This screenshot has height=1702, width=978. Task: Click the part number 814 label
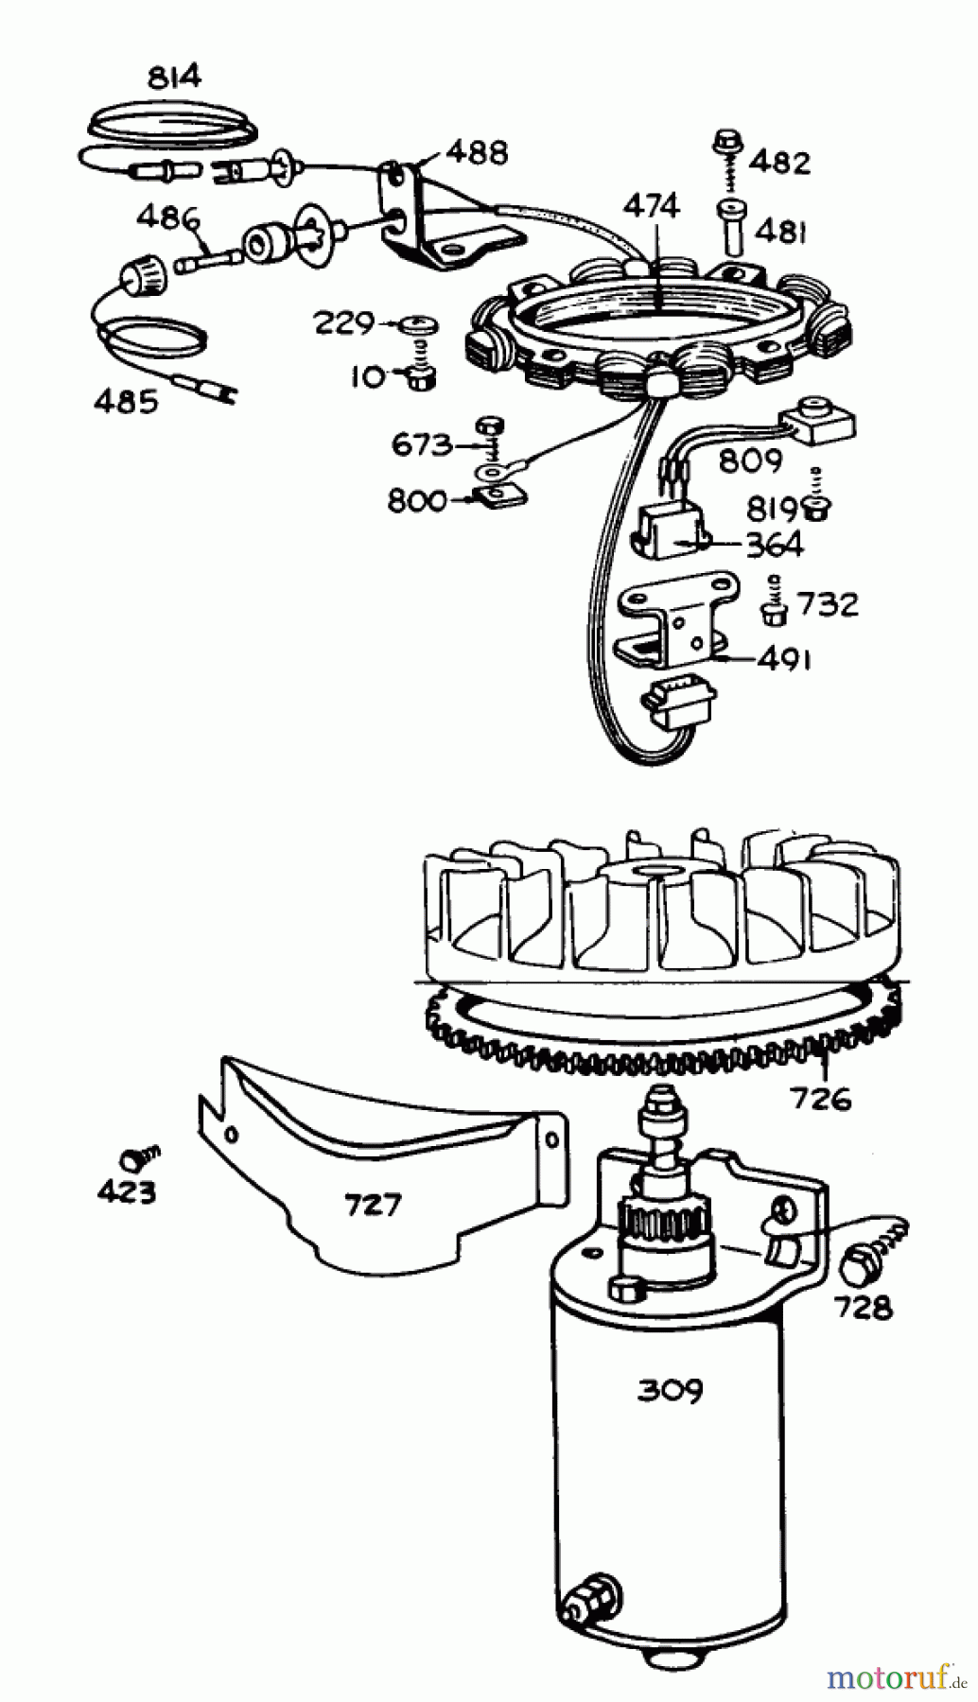click(x=175, y=77)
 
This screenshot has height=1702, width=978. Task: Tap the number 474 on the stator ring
click(x=652, y=206)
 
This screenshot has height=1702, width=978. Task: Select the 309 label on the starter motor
click(x=669, y=1390)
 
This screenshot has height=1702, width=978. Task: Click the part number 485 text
click(x=127, y=402)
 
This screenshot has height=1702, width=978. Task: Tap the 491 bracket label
click(x=784, y=659)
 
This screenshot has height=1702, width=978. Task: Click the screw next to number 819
click(x=812, y=508)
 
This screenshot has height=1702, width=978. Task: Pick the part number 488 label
click(x=477, y=151)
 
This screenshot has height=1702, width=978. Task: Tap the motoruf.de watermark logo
click(x=896, y=1677)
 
